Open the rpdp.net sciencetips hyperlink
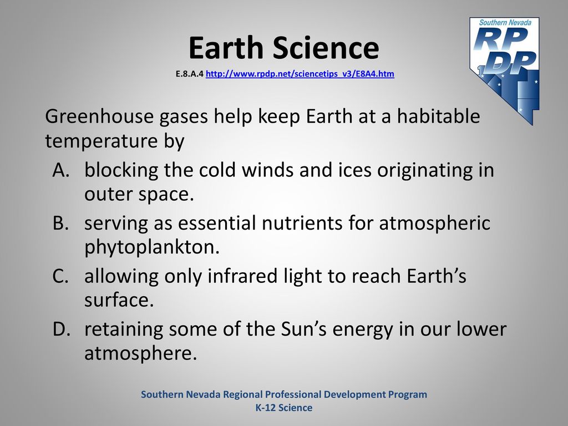[300, 74]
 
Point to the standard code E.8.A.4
[190, 74]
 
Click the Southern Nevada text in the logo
[505, 22]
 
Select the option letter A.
[61, 170]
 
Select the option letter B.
[60, 223]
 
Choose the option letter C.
[60, 276]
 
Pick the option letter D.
[61, 329]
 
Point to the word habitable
[438, 116]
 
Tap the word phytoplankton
[152, 248]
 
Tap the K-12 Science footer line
[284, 408]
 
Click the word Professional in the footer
[293, 394]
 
